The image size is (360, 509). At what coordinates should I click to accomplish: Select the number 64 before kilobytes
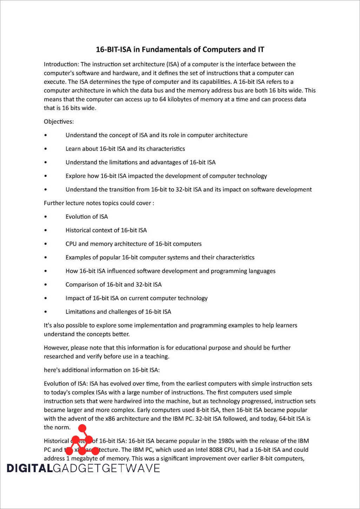pos(162,99)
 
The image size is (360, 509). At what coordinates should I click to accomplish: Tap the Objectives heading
pos(59,122)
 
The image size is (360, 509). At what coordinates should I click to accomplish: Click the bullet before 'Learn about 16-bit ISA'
pos(46,149)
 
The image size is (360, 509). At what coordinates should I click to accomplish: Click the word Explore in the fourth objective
pos(75,176)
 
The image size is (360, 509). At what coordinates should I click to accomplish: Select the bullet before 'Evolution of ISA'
pos(46,217)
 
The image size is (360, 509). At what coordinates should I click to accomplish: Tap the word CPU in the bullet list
pos(71,244)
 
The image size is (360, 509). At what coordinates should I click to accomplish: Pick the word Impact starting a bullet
pos(74,298)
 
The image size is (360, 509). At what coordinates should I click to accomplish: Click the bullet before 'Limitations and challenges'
pos(46,312)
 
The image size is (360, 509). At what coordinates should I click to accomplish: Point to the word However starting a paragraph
pos(55,348)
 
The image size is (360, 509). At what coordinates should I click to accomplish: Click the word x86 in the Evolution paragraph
pos(100,419)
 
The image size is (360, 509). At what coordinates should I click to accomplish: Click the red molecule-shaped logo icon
pos(82,441)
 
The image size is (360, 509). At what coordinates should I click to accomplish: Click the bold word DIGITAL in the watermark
pos(29,468)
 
